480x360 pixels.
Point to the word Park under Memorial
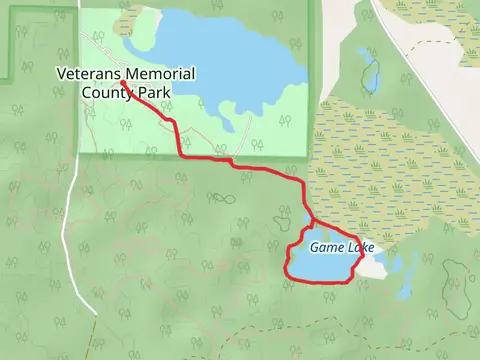(x=155, y=93)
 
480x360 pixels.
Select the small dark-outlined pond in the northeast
(x=371, y=75)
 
